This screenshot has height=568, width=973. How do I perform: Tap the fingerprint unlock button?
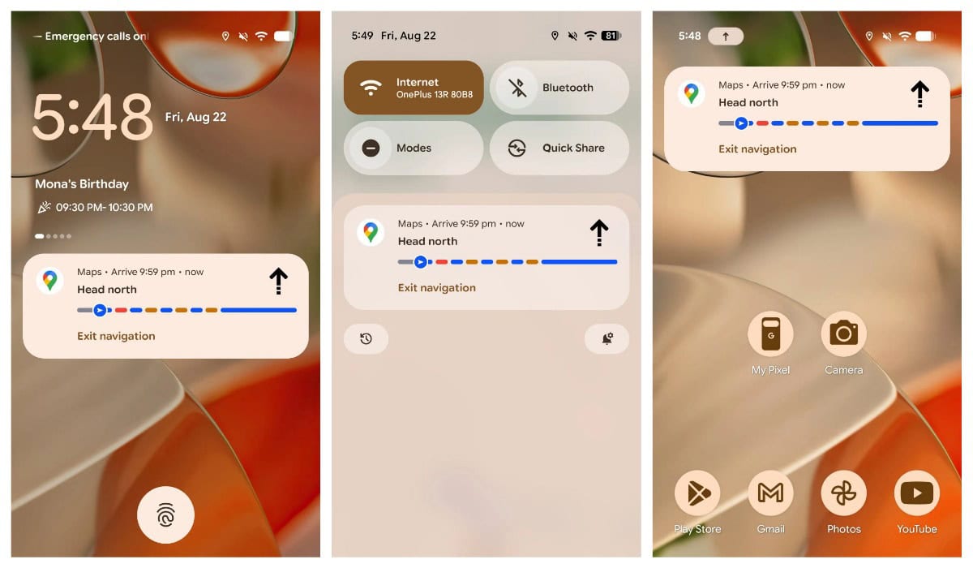point(165,514)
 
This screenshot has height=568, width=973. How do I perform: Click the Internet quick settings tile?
point(414,88)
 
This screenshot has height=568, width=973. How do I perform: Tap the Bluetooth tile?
point(559,88)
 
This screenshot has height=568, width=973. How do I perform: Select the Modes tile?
point(414,148)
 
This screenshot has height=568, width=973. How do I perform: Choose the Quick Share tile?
point(559,148)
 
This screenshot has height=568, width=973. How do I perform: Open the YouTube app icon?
point(916,493)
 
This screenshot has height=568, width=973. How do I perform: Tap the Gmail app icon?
point(770,493)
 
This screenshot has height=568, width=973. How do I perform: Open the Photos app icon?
point(843,493)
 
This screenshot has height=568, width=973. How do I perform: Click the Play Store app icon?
point(697,493)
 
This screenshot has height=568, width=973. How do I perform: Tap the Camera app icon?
point(843,333)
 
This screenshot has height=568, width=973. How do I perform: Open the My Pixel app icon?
point(770,333)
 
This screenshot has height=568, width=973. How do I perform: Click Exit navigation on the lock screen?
point(116,336)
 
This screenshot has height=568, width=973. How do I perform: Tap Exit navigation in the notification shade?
point(436,288)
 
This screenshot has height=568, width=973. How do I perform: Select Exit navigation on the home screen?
point(757,149)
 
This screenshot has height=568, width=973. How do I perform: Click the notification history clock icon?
point(366,338)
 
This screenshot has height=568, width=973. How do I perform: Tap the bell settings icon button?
point(607,338)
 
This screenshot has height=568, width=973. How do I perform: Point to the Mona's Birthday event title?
point(82,184)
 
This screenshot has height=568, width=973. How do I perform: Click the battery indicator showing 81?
point(611,36)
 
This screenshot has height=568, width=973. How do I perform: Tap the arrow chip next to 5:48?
point(726,37)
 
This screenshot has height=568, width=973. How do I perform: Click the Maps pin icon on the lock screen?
point(50,280)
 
